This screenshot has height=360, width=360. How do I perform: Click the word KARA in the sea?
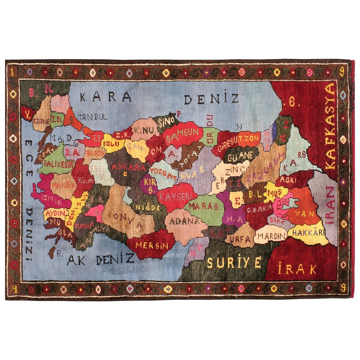click(x=105, y=97)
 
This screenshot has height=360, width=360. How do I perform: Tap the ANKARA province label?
click(x=127, y=167)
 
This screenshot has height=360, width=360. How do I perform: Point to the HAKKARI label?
click(x=308, y=232)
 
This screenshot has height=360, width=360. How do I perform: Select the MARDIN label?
click(x=272, y=236)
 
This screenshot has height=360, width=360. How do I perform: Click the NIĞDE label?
click(x=145, y=206)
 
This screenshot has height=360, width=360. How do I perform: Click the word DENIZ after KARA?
click(x=211, y=99)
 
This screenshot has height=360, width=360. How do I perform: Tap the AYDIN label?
click(x=54, y=212)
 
